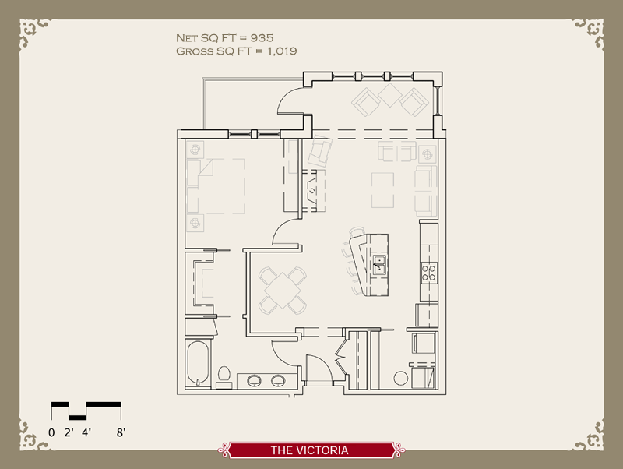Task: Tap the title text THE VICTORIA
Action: tap(309, 450)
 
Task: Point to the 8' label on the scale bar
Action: tap(120, 431)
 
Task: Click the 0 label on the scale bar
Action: tap(51, 431)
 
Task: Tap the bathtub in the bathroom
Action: tap(197, 364)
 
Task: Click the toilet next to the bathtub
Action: tap(224, 376)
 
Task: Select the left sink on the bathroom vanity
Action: tap(255, 381)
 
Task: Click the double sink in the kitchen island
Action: tap(380, 266)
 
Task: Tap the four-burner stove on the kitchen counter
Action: tap(429, 272)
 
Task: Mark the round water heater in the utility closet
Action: tap(400, 379)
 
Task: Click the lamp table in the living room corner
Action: tap(426, 150)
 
